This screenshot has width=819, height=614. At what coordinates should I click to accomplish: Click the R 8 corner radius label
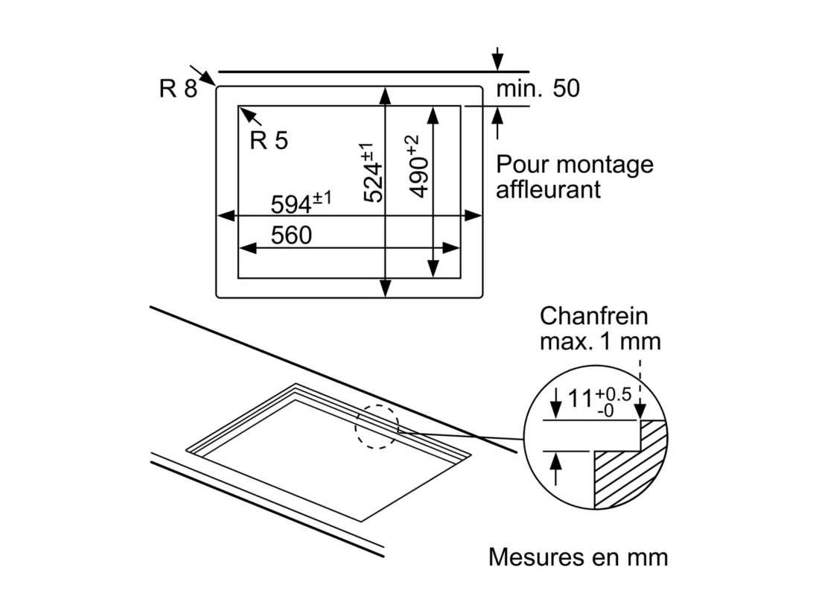point(178,89)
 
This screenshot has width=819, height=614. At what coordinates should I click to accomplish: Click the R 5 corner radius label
point(269,140)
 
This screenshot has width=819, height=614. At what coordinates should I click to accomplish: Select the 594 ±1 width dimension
point(301,203)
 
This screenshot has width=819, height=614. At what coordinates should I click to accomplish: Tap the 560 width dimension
point(291,235)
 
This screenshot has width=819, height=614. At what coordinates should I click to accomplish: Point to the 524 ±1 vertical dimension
point(373,172)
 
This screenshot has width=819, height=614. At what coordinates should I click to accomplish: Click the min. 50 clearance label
point(538,89)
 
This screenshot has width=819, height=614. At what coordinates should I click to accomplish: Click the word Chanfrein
point(593,316)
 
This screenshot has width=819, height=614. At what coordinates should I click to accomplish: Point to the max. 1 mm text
point(600,342)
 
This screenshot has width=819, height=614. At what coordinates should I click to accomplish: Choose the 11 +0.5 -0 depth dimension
point(599,402)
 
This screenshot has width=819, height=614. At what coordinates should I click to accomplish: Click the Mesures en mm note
point(579,557)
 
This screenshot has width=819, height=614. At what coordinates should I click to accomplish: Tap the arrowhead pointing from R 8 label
point(208,78)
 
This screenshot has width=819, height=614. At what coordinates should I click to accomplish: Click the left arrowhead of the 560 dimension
point(248,248)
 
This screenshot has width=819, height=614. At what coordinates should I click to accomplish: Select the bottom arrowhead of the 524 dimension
point(386,288)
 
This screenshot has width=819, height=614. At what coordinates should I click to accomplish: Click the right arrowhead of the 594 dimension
point(473,215)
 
